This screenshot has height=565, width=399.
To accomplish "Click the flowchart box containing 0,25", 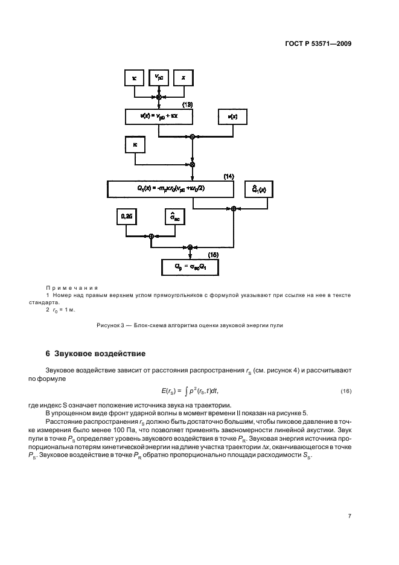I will click(x=127, y=215).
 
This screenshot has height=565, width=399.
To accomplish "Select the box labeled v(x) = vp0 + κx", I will click(x=159, y=115).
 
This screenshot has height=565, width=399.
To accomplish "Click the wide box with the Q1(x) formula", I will click(x=170, y=188).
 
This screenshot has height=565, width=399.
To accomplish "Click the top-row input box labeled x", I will click(x=184, y=77).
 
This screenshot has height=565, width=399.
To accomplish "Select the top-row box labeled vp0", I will click(x=159, y=77).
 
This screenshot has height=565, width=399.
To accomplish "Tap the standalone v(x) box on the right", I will click(x=232, y=115).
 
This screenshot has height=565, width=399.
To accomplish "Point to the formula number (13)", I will click(x=187, y=105).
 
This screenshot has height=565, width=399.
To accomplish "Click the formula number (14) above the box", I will click(x=228, y=176).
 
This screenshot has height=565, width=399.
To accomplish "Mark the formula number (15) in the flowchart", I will click(x=212, y=255).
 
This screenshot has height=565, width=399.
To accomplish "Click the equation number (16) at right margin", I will click(x=346, y=392).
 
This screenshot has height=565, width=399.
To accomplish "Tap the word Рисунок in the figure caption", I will click(x=108, y=326).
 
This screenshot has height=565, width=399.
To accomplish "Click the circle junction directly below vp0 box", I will click(x=159, y=97).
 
